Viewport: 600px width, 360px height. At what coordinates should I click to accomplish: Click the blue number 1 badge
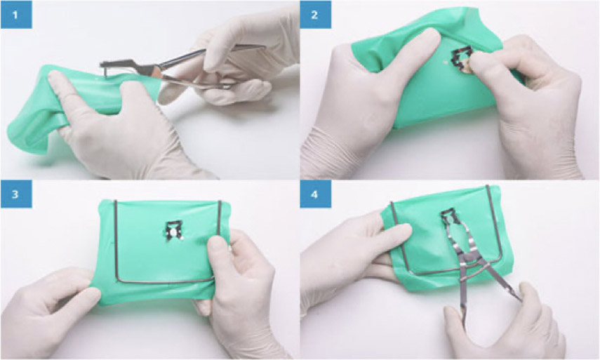tap(16, 15)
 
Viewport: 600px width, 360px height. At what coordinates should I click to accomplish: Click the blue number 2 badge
tap(315, 15)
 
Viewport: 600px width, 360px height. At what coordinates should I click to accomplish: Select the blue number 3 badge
tap(16, 194)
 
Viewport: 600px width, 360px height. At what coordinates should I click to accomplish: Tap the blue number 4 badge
tap(315, 194)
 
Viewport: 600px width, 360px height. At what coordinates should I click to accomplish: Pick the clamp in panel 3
tap(173, 231)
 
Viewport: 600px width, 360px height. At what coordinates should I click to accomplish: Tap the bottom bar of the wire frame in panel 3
tap(164, 281)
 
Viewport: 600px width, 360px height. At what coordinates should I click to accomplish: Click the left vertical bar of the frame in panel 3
tap(116, 240)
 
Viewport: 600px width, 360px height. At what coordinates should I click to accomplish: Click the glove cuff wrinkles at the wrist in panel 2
tap(325, 153)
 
